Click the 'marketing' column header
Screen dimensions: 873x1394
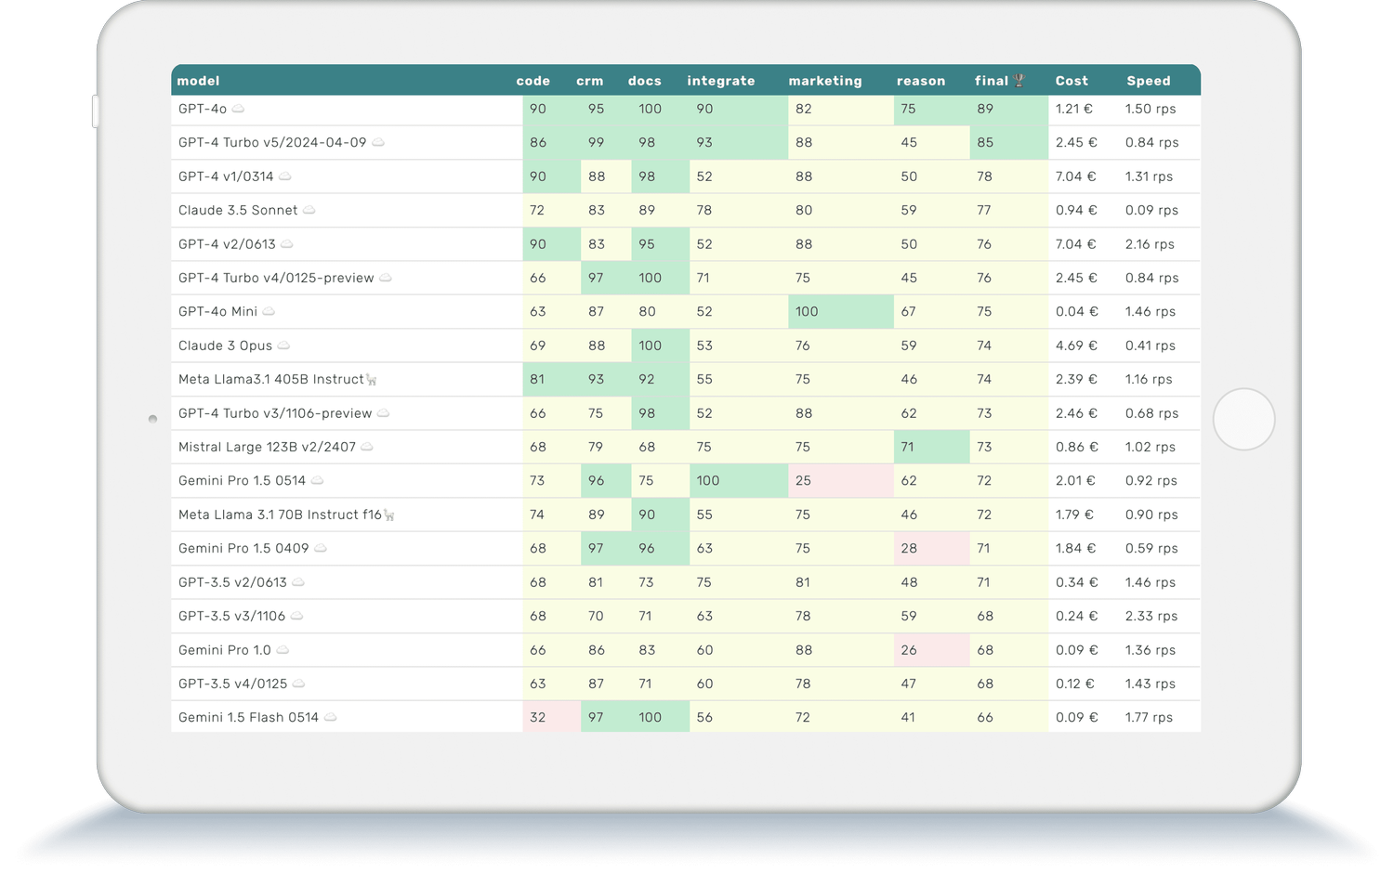coord(824,81)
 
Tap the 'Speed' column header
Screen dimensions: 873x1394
coord(1148,81)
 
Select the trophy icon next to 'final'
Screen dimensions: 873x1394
coord(1019,81)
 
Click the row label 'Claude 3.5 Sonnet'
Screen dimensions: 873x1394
coord(238,210)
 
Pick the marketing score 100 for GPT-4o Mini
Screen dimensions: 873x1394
coord(807,311)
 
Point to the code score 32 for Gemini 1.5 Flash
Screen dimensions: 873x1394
coord(537,717)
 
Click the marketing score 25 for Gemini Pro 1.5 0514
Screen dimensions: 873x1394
coord(803,480)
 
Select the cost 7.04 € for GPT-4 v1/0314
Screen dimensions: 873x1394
coord(1075,176)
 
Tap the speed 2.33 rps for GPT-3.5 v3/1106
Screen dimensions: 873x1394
coord(1151,616)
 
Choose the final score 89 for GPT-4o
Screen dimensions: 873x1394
coord(985,109)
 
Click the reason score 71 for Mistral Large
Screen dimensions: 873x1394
coord(907,447)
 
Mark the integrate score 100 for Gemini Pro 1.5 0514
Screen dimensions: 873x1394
coord(707,480)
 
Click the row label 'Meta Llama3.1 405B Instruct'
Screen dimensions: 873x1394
coord(271,379)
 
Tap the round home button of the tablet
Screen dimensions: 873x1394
coord(1243,419)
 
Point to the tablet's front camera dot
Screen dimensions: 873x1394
coord(152,419)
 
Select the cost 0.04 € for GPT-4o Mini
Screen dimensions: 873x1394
coord(1076,311)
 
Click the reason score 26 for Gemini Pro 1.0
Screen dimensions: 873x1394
coord(908,650)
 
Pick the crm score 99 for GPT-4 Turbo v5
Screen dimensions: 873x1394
coord(596,142)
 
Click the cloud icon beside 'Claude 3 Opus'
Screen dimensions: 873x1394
coord(283,345)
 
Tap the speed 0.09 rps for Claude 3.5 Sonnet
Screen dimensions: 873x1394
coord(1151,210)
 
